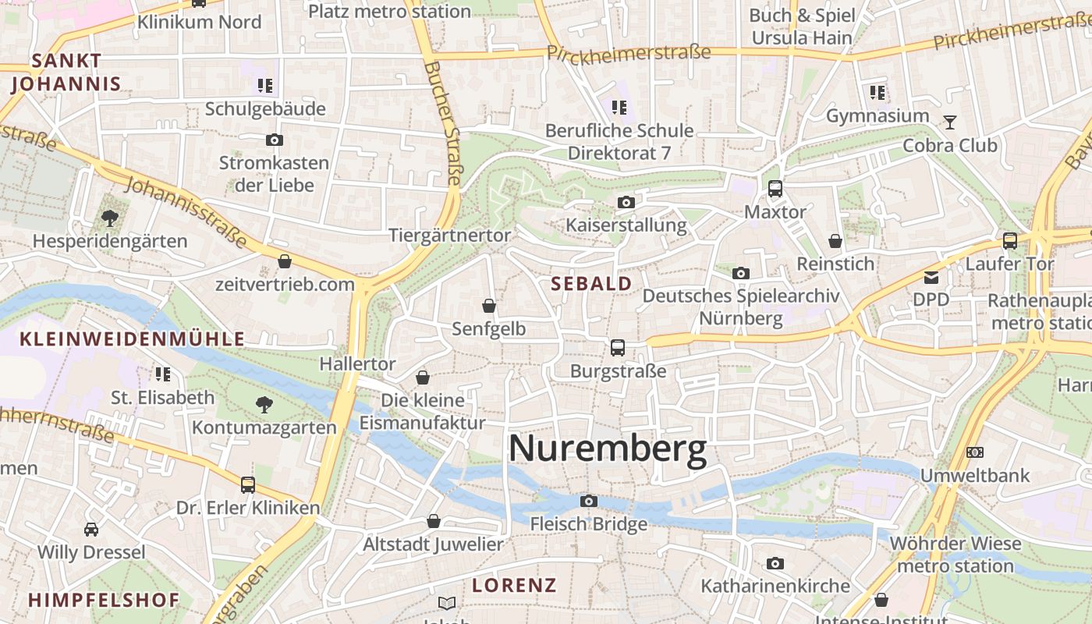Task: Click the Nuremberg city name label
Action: tap(607, 450)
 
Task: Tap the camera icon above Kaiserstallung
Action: tap(626, 203)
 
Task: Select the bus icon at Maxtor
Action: tap(775, 188)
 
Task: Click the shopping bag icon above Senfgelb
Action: tap(489, 306)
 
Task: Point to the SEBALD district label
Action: tap(591, 284)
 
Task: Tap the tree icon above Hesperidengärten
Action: tap(109, 218)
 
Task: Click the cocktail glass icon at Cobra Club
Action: tap(949, 122)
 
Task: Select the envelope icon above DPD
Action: tap(931, 277)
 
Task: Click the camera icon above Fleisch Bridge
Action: tap(589, 501)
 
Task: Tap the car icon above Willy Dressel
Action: tap(91, 530)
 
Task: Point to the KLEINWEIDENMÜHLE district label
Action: tap(132, 339)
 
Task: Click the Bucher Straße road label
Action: tap(443, 125)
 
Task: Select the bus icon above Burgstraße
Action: tap(618, 347)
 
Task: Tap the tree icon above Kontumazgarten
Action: tap(264, 404)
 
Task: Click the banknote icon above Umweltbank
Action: tap(974, 452)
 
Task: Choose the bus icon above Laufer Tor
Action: tap(1010, 241)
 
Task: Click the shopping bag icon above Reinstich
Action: tap(835, 241)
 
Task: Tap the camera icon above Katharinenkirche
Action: tap(775, 563)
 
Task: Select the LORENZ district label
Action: tap(514, 585)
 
